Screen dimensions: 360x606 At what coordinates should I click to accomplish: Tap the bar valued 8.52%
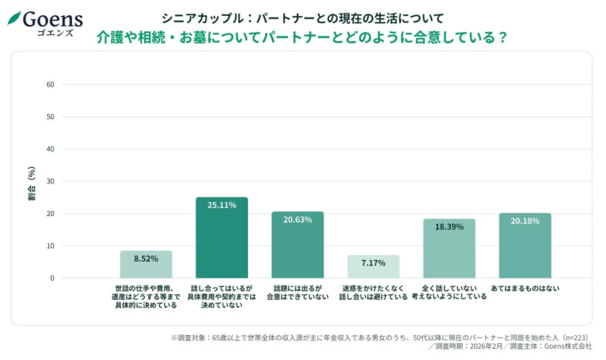pos(146,264)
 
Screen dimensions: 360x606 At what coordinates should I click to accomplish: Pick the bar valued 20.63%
pos(298,245)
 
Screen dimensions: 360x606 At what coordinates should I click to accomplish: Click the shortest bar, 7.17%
pos(373,266)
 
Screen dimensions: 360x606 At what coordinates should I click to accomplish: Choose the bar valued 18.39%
pos(449,249)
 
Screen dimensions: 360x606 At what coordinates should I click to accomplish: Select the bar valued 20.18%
pos(524,246)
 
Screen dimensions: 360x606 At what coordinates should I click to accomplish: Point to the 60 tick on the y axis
pos(50,84)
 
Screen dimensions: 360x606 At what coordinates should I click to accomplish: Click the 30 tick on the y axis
pos(50,182)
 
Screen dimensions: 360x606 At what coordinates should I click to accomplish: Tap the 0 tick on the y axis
pos(52,278)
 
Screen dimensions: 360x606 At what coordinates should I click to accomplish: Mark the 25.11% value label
pos(222,206)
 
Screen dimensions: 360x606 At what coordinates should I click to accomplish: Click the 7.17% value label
pos(373,263)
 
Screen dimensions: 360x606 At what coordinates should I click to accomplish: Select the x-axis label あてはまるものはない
pos(524,288)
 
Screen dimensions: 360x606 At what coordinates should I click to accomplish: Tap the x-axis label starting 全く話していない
pos(449,292)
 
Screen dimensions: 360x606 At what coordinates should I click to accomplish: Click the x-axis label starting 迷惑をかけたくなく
pos(373,292)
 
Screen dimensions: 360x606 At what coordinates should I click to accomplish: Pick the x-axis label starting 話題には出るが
pos(298,292)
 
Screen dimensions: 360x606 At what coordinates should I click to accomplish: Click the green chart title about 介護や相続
pos(303,38)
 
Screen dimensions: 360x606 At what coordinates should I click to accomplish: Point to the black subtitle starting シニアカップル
pos(303,17)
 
